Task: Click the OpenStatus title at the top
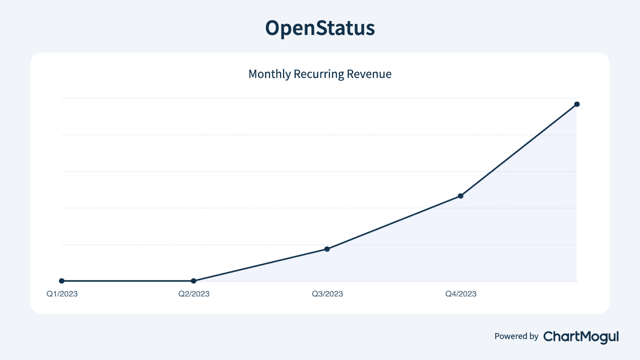point(320,28)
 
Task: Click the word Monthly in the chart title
point(269,74)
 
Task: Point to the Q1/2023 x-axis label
point(62,294)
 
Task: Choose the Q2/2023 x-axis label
point(194,294)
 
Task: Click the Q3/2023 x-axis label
point(327,294)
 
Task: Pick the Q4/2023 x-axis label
point(461,294)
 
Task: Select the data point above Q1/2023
point(61,281)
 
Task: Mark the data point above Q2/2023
point(194,281)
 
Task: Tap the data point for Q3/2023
point(327,248)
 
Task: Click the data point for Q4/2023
point(460,195)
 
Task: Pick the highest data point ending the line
point(577,104)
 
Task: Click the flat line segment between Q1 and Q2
point(127,281)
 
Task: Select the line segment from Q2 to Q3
point(260,265)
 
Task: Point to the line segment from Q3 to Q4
point(394,222)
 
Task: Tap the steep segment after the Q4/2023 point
point(519,149)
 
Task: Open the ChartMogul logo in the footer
point(581,336)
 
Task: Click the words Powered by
point(516,336)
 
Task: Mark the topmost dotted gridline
point(300,98)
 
